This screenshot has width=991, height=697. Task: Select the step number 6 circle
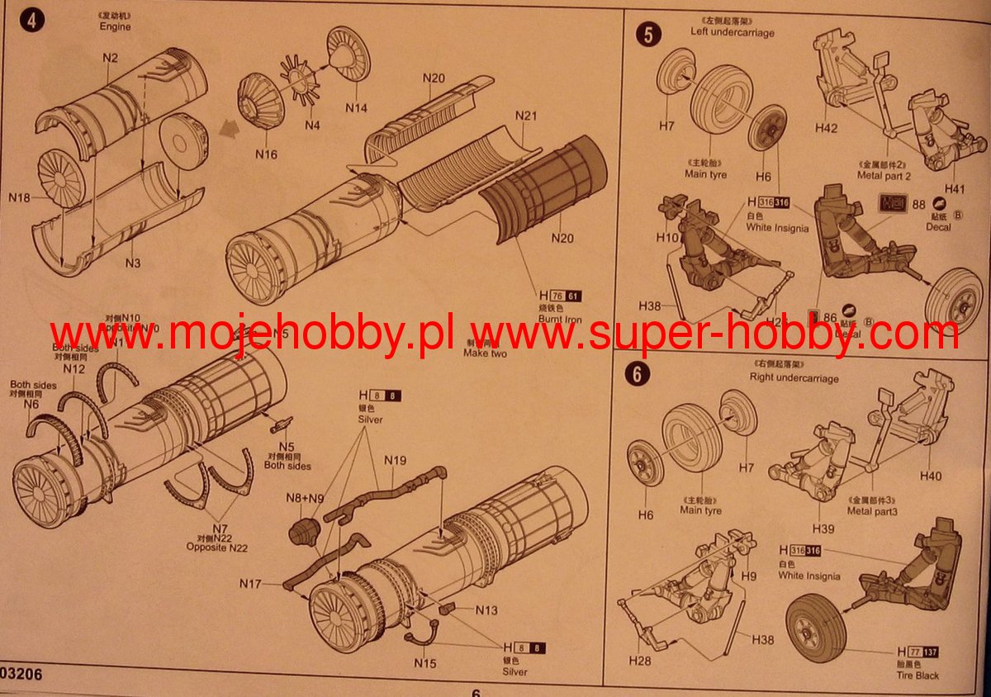(637, 374)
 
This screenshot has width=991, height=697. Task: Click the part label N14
(357, 107)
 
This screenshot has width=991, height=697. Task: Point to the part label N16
(266, 154)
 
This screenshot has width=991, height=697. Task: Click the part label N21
(526, 115)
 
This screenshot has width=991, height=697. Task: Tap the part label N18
(20, 197)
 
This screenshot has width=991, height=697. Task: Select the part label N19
(395, 461)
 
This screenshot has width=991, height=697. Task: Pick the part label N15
(425, 662)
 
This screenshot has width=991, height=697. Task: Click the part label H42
(826, 129)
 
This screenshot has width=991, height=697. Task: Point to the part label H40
(930, 476)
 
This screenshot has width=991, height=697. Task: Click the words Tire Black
(918, 675)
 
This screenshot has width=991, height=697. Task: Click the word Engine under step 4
(116, 26)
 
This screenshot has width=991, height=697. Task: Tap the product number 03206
(21, 675)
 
